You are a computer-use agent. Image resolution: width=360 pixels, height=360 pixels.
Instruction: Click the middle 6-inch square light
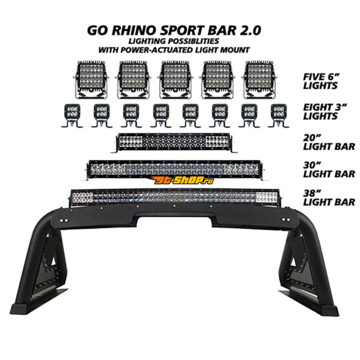point(175,80)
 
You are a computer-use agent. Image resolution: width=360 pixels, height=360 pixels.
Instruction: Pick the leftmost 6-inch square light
point(91,80)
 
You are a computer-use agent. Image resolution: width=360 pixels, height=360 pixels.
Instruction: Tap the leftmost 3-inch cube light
point(72,115)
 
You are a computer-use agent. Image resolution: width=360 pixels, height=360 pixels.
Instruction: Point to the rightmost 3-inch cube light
point(279,115)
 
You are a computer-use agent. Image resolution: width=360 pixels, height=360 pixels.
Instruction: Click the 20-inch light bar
point(174,143)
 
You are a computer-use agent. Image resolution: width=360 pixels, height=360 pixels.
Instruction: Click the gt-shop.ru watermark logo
point(182,181)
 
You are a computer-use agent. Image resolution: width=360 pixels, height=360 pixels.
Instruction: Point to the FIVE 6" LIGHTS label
point(321,81)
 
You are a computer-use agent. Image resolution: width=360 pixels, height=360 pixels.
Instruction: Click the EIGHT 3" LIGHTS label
point(325,112)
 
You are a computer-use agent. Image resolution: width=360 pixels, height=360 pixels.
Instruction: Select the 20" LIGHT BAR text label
point(329,142)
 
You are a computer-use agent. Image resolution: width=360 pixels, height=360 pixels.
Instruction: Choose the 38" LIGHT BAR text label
point(329,198)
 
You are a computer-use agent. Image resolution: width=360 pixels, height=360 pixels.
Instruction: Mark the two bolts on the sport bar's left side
point(64,220)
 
